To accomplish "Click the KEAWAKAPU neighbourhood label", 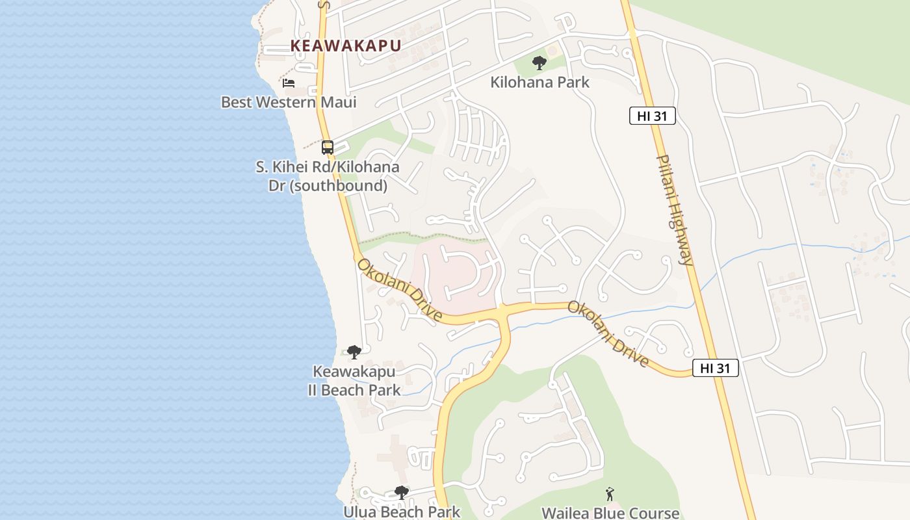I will pos(345,45).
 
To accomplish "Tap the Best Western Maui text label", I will pos(289,102).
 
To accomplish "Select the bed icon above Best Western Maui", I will pos(289,83).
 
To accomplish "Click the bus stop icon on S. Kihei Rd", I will pos(328,148).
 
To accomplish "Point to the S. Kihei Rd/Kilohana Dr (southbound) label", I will pos(328,176).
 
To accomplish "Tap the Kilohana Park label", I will pos(539,82).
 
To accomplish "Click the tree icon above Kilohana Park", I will pos(539,63).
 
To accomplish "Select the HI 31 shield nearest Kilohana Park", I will pos(653,116).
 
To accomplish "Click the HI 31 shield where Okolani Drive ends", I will pos(715,368).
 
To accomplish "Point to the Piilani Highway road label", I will pos(675,209).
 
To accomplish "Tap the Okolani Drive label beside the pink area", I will pos(399,291).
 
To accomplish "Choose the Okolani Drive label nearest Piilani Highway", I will pos(608,333).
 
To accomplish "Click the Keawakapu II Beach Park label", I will pos(354,381).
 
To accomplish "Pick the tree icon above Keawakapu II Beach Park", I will pos(354,352).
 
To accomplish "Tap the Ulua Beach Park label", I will pos(402,512).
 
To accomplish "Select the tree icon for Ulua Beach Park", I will pos(402,493).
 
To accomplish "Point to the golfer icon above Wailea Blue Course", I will pos(610,494).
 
